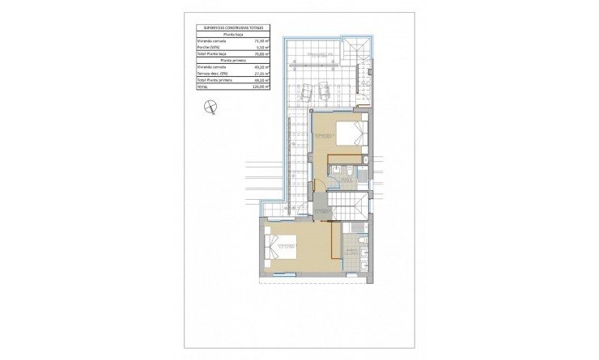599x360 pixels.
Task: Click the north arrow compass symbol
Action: pyautogui.click(x=210, y=104)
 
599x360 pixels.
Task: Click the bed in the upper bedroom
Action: pyautogui.click(x=353, y=133)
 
